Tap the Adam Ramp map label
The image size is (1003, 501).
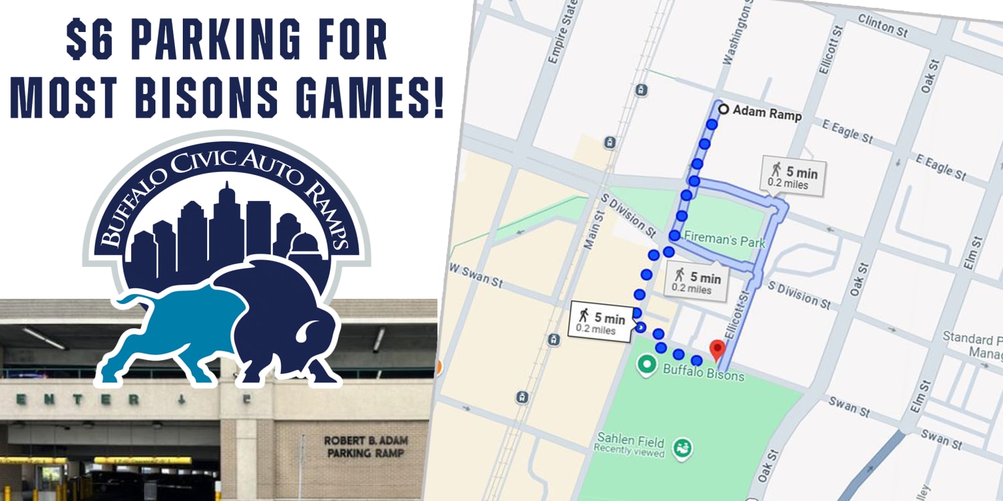pyautogui.click(x=767, y=112)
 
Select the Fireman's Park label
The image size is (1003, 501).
pyautogui.click(x=724, y=241)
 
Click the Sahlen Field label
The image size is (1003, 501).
pyautogui.click(x=630, y=442)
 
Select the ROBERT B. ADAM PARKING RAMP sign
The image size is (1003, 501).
pyautogui.click(x=364, y=446)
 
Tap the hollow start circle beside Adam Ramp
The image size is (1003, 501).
pyautogui.click(x=723, y=110)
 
